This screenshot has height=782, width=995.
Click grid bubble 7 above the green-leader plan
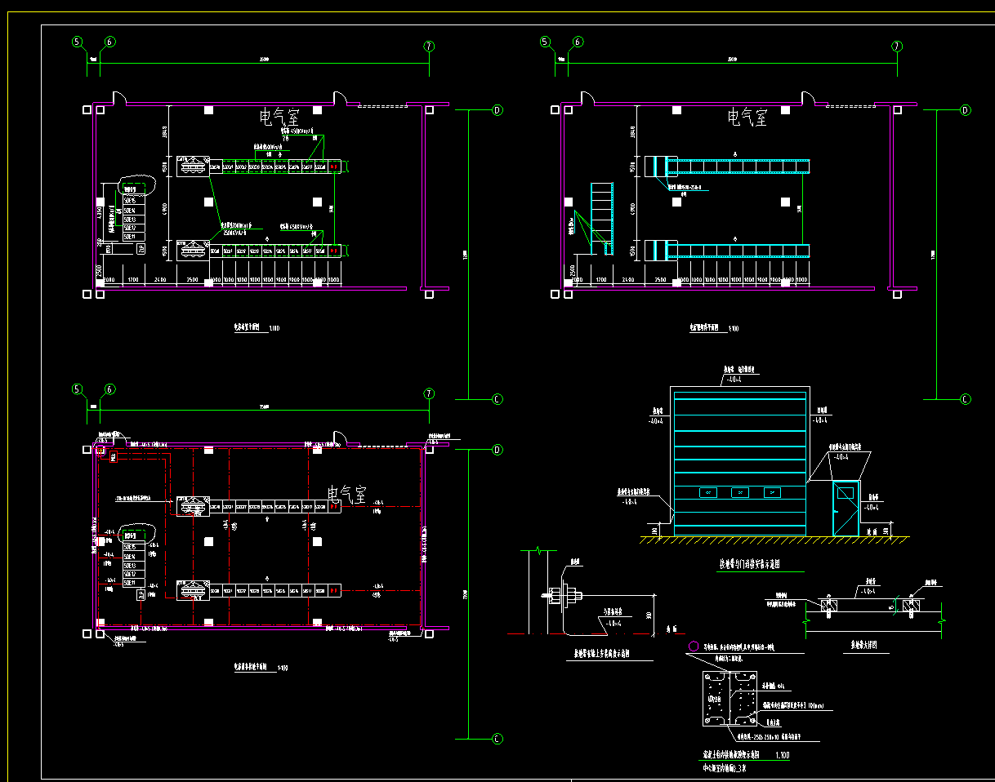tap(429, 47)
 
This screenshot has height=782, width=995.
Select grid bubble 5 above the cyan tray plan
tap(545, 42)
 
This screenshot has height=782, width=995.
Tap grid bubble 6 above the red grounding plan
tap(110, 389)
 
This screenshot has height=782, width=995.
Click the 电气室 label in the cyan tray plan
tap(747, 118)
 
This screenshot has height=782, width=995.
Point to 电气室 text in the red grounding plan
tap(345, 495)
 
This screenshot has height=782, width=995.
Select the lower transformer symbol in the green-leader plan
tap(193, 251)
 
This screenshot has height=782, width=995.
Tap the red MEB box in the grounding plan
tap(113, 459)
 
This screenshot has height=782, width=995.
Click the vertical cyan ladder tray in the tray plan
tap(601, 219)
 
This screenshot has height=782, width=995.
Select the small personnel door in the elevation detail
tap(846, 508)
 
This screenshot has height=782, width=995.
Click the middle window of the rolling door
tap(739, 492)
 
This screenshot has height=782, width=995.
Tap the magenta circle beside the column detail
tap(694, 646)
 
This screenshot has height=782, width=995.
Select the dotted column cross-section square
tap(727, 698)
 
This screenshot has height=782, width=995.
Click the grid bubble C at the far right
tap(965, 399)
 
